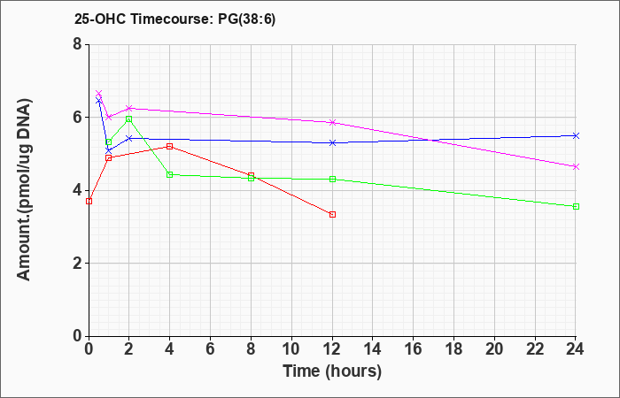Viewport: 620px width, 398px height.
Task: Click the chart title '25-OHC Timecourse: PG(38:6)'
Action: pyautogui.click(x=174, y=19)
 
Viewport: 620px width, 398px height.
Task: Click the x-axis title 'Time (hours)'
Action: pyautogui.click(x=332, y=371)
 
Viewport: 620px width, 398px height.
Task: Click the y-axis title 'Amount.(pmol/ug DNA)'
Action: pyautogui.click(x=25, y=190)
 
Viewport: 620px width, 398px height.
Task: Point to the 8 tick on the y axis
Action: pyautogui.click(x=77, y=44)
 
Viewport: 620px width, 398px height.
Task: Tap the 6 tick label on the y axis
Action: pyautogui.click(x=77, y=118)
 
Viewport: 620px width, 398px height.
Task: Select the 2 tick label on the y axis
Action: pyautogui.click(x=77, y=264)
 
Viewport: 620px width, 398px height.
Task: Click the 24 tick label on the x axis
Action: pyautogui.click(x=575, y=349)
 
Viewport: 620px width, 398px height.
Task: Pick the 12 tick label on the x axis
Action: pyautogui.click(x=332, y=349)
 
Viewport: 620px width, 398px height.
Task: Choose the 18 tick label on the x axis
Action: pyautogui.click(x=453, y=349)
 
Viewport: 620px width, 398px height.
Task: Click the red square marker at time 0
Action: pyautogui.click(x=89, y=202)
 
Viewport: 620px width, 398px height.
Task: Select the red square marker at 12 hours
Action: pyautogui.click(x=332, y=214)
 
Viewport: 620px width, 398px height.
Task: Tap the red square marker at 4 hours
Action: pyautogui.click(x=170, y=147)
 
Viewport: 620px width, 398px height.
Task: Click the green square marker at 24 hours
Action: pyautogui.click(x=576, y=206)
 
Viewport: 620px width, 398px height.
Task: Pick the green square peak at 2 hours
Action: pyautogui.click(x=129, y=119)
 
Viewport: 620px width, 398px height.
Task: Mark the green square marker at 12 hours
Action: pyautogui.click(x=332, y=180)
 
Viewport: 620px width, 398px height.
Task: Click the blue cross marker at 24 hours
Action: pyautogui.click(x=576, y=136)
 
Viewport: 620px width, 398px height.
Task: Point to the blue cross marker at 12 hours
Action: pyautogui.click(x=332, y=143)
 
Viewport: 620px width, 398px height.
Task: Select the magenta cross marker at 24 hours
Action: pyautogui.click(x=576, y=167)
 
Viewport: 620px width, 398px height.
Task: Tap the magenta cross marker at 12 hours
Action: pyautogui.click(x=332, y=122)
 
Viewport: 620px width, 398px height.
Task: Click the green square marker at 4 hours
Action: pyautogui.click(x=170, y=174)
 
